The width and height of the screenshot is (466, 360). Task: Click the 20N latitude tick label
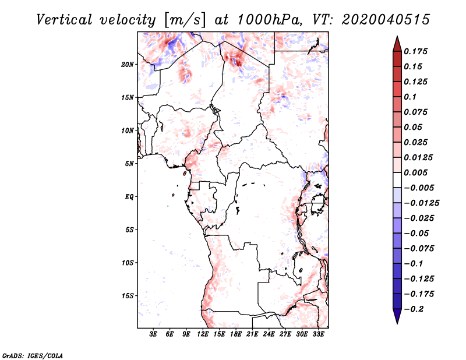coord(128,64)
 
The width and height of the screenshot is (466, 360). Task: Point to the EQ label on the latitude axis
coord(129,197)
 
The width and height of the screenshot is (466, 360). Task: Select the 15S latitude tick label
coord(128,296)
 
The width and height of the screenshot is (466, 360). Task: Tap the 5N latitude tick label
coord(129,164)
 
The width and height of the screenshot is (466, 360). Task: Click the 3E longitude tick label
coord(154,334)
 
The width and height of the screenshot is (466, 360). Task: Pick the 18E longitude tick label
coord(236,334)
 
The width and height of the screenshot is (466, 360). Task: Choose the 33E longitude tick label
coord(318,334)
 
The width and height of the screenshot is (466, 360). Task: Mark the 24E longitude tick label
coord(269,334)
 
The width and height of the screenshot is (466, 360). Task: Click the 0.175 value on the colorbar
coord(418,51)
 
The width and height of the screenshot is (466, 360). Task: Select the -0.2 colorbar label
coord(415,309)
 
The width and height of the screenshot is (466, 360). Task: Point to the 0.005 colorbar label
coord(418,172)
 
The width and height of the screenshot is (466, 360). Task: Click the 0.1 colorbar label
coord(413,97)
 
